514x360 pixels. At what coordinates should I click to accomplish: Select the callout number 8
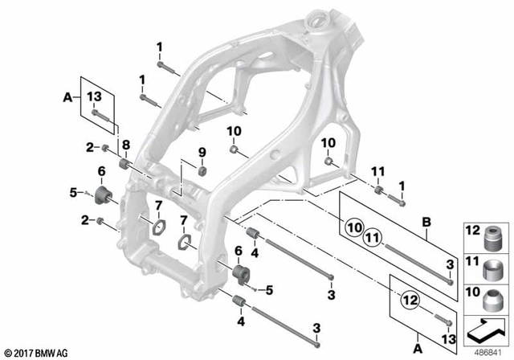coord(125,145)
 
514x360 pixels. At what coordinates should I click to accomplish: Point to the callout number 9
coord(202,152)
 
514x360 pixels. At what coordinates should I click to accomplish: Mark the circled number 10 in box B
coord(353,226)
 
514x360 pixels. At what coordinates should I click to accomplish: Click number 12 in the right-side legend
coord(472,231)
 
